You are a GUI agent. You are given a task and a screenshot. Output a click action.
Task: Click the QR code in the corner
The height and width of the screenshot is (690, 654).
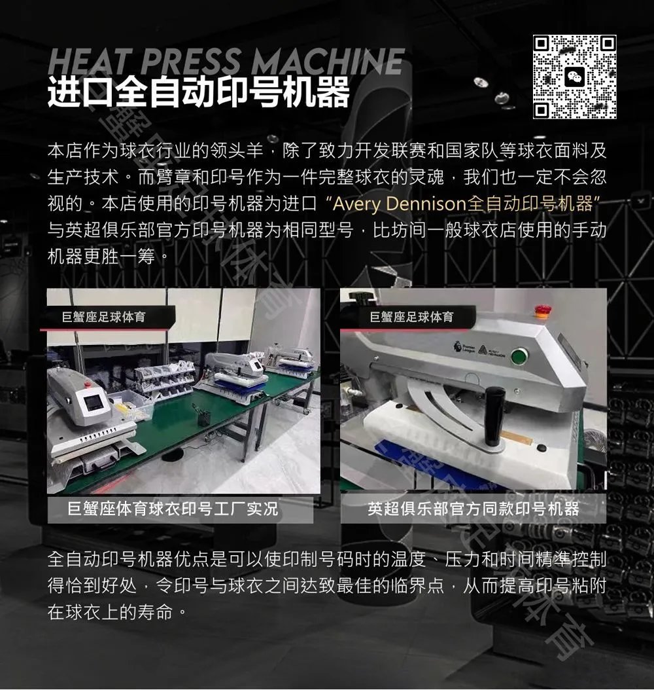point(574,77)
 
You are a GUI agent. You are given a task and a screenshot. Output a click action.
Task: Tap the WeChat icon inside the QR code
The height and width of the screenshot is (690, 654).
point(574,77)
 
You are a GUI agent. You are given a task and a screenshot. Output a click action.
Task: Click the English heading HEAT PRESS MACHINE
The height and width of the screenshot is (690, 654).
point(226,61)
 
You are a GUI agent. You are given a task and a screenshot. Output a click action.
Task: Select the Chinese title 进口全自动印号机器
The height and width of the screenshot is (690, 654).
point(198,92)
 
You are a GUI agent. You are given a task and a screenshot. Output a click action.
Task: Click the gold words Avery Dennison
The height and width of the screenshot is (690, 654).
point(399,204)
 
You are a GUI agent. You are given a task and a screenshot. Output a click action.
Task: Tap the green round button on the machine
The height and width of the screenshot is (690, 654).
point(519,355)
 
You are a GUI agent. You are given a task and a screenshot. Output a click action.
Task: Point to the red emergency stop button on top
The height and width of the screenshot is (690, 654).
point(541,310)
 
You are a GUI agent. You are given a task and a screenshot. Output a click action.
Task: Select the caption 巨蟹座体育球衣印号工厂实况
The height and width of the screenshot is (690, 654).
point(173,509)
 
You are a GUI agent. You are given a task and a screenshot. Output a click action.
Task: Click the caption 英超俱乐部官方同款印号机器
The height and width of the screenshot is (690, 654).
point(473,509)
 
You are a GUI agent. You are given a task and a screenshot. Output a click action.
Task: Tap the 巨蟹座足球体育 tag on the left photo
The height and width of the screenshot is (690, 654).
point(103,317)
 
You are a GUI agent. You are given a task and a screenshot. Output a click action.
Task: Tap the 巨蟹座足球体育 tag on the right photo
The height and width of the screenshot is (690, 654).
point(411,317)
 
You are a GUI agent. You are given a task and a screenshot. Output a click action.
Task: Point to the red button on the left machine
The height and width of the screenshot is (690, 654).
point(88,384)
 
